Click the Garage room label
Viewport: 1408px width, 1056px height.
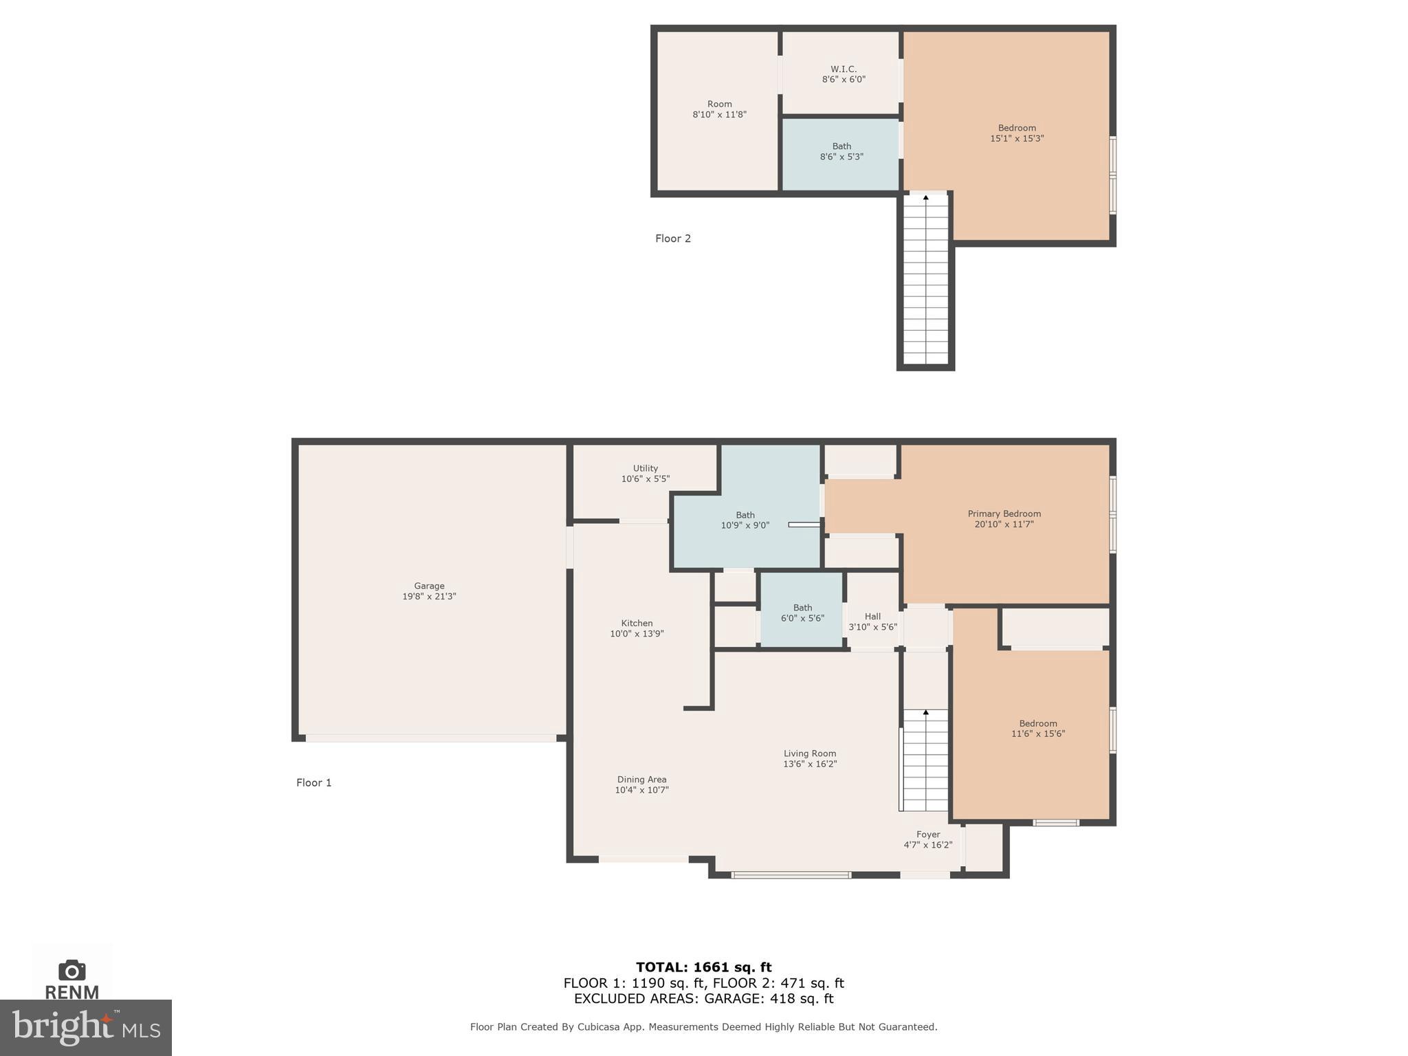429,591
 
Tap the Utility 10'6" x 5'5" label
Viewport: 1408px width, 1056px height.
645,474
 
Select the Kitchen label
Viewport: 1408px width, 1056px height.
637,628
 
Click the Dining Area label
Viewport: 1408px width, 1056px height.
641,784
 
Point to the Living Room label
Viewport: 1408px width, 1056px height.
810,758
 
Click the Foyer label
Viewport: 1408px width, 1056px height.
927,839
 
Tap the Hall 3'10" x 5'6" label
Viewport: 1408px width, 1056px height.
872,621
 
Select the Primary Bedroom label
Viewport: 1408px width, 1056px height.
1004,518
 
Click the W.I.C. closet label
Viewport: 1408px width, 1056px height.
844,74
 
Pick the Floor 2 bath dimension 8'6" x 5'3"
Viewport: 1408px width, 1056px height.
841,157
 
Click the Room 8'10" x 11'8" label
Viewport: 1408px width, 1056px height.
719,109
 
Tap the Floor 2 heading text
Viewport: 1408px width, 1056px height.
672,239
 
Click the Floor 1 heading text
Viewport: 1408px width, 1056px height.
313,782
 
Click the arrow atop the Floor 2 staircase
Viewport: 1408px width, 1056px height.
925,199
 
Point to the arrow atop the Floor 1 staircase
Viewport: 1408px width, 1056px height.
925,713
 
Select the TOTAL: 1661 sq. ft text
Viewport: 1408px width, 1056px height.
703,967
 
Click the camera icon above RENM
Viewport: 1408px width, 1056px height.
72,970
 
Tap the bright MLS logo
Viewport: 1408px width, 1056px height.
86,1027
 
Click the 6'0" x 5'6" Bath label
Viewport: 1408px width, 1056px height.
802,613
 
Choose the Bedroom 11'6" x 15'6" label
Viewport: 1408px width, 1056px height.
1037,728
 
